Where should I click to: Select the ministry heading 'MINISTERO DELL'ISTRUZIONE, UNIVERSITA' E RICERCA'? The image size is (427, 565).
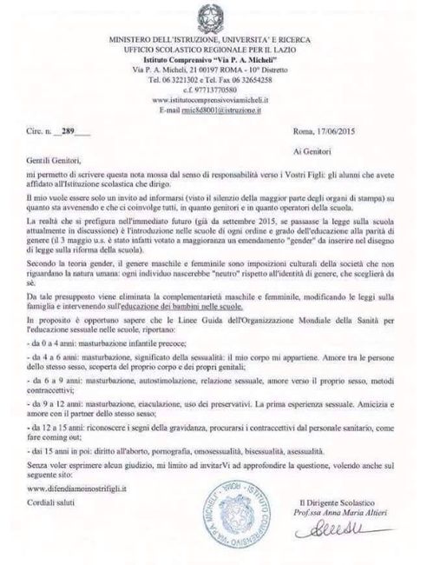coord(213,40)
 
